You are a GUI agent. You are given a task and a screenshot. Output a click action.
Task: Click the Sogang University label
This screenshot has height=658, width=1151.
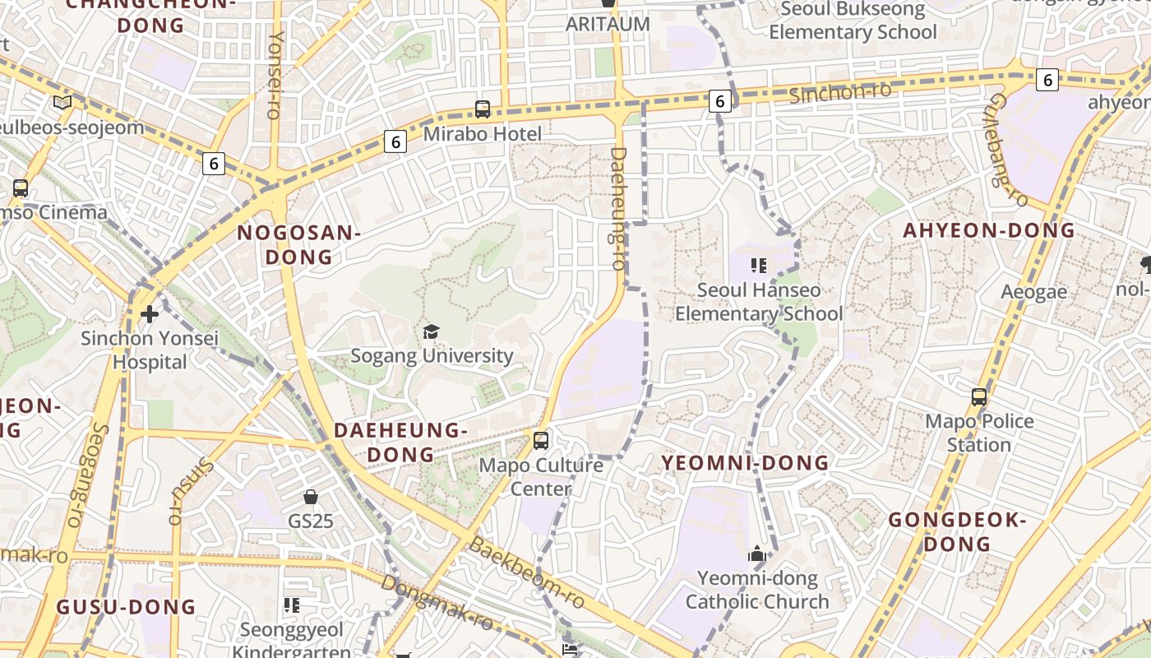pos(432,355)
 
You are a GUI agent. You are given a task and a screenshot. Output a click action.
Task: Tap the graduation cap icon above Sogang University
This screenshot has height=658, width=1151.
pos(431,331)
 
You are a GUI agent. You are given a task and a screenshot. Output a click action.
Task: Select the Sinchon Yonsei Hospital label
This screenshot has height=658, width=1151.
pos(150,350)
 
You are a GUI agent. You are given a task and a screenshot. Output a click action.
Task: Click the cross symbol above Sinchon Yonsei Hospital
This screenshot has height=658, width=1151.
pos(149,313)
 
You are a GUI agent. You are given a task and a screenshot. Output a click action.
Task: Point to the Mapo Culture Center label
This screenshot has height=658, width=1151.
pos(541,477)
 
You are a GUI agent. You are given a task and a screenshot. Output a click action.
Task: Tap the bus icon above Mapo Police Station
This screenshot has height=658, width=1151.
pos(978,397)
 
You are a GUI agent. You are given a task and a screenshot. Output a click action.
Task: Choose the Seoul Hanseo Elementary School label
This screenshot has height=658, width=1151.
pos(758,302)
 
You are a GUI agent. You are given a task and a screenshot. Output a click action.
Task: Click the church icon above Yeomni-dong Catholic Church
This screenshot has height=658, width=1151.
pos(757,554)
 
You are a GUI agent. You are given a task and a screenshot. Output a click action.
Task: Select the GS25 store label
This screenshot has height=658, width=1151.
pos(310,521)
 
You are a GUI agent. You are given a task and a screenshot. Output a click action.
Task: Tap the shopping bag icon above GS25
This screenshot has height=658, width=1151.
pos(311,497)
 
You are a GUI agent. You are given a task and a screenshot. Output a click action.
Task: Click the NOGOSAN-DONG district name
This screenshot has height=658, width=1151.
pos(298,245)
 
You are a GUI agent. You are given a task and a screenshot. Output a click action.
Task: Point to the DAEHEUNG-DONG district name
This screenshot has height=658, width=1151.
pos(400,442)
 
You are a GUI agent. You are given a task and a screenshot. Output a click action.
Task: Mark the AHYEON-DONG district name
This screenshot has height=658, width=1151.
pos(989,230)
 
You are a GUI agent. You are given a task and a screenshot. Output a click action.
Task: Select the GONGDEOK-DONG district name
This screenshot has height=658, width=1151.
pos(958,531)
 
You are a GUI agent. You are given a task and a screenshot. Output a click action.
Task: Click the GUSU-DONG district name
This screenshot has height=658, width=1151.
pos(126,607)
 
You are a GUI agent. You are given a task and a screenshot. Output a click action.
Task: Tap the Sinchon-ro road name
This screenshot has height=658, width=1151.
pos(840,92)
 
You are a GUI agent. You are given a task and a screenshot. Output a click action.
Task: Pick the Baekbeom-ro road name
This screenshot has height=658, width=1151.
pos(526,573)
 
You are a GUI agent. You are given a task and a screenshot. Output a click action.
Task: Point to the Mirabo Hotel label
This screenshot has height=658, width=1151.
pos(483,134)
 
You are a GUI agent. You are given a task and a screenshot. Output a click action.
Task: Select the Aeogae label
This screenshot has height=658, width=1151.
pos(1033,291)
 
